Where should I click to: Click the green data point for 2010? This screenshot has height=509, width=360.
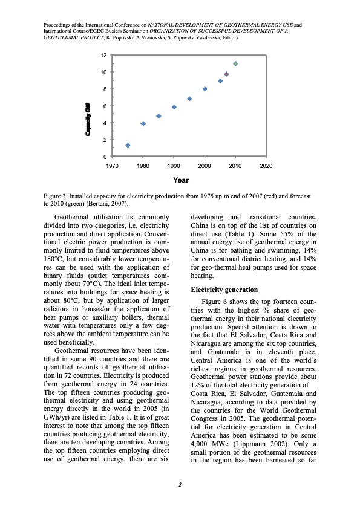[x=235, y=63]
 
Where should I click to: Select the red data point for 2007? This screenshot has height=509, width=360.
[x=226, y=74]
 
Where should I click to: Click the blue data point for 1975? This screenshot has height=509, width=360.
[x=128, y=145]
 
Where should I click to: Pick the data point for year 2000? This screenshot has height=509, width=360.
[x=205, y=89]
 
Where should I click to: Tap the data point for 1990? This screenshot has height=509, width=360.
[x=174, y=107]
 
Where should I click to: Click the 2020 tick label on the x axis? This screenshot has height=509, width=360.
[x=266, y=166]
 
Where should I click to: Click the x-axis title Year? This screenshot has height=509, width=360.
[x=180, y=180]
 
